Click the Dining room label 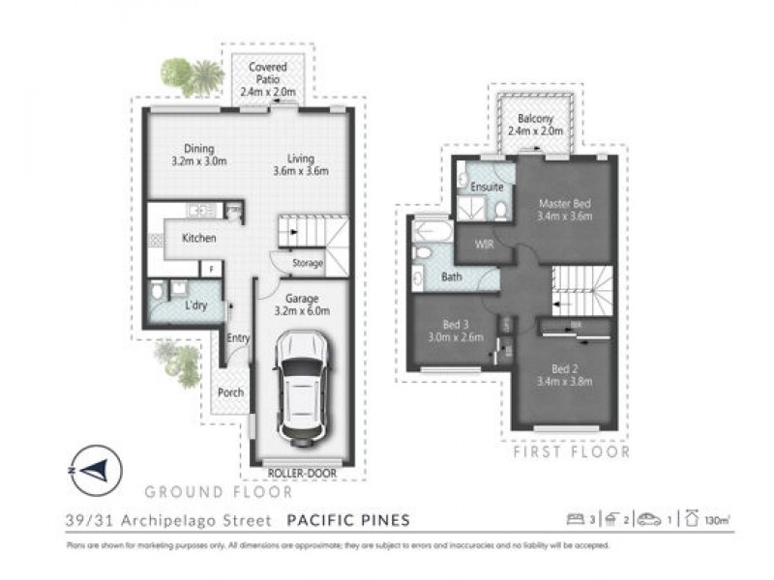[x=199, y=156]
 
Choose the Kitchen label [x=197, y=238]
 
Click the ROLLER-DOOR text [x=304, y=474]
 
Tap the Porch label [x=230, y=393]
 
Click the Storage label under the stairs [x=309, y=263]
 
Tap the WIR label [x=484, y=246]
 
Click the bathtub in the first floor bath [x=429, y=233]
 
